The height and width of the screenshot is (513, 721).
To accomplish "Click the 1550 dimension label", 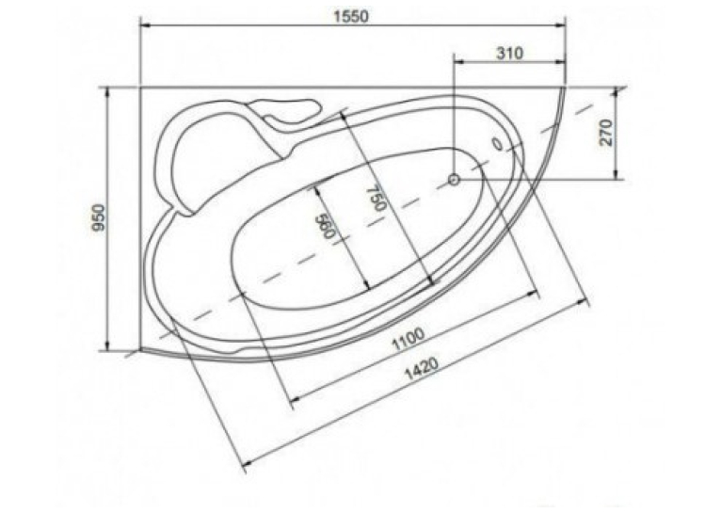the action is [351, 17].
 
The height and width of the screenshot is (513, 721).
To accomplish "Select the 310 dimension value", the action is [509, 54].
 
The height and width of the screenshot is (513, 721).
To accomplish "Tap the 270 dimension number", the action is [606, 133].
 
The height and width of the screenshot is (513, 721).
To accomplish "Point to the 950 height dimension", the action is [100, 217].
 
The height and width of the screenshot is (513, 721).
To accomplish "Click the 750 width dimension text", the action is [377, 198].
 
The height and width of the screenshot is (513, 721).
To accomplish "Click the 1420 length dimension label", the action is [421, 368].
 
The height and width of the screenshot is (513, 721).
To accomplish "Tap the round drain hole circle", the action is [455, 179].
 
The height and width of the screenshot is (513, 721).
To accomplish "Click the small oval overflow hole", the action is [498, 143].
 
